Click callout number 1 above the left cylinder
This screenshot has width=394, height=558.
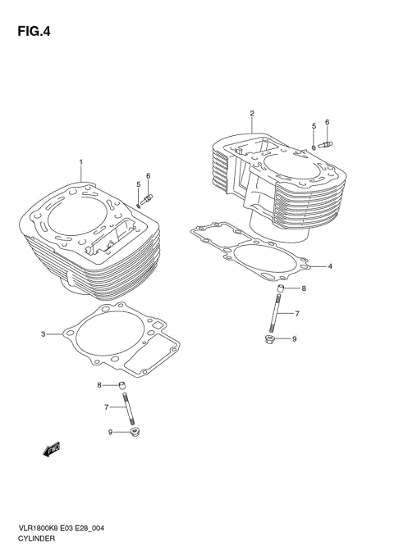point(80,161)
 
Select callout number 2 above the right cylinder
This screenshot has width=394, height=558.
point(252,113)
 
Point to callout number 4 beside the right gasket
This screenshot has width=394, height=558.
point(329,266)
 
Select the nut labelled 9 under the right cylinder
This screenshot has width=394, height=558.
point(270,339)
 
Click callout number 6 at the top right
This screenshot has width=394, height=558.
point(327,122)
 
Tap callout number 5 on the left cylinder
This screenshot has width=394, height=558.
point(139,184)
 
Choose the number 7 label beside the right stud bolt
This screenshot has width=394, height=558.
point(297,314)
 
